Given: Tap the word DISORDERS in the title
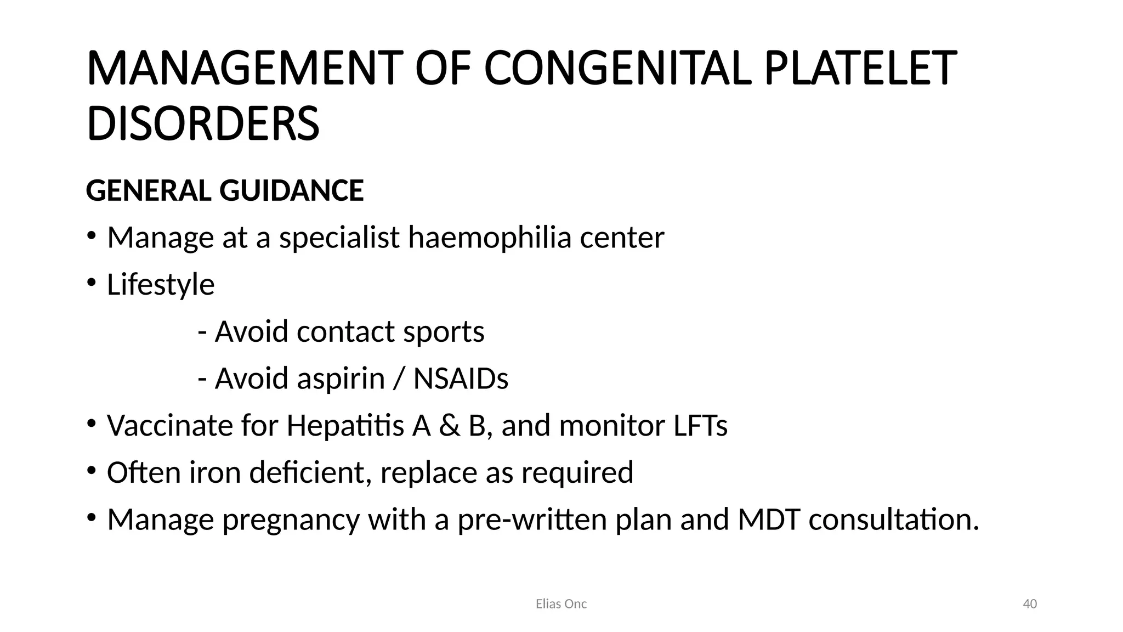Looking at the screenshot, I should coord(203,123).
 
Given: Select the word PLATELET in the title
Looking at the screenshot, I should coord(860,69).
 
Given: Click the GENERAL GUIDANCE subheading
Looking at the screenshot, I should coord(225,190).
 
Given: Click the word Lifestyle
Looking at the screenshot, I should coord(161,285).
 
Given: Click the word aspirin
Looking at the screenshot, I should coord(341,379).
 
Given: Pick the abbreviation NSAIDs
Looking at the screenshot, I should coord(461,379).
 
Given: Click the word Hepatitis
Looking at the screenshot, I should coord(345,426).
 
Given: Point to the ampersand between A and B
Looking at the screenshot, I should coord(450,426).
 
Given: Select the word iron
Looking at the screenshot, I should coord(215,472).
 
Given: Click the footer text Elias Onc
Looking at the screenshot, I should coord(561,604).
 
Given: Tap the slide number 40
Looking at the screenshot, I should coord(1030,604).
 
